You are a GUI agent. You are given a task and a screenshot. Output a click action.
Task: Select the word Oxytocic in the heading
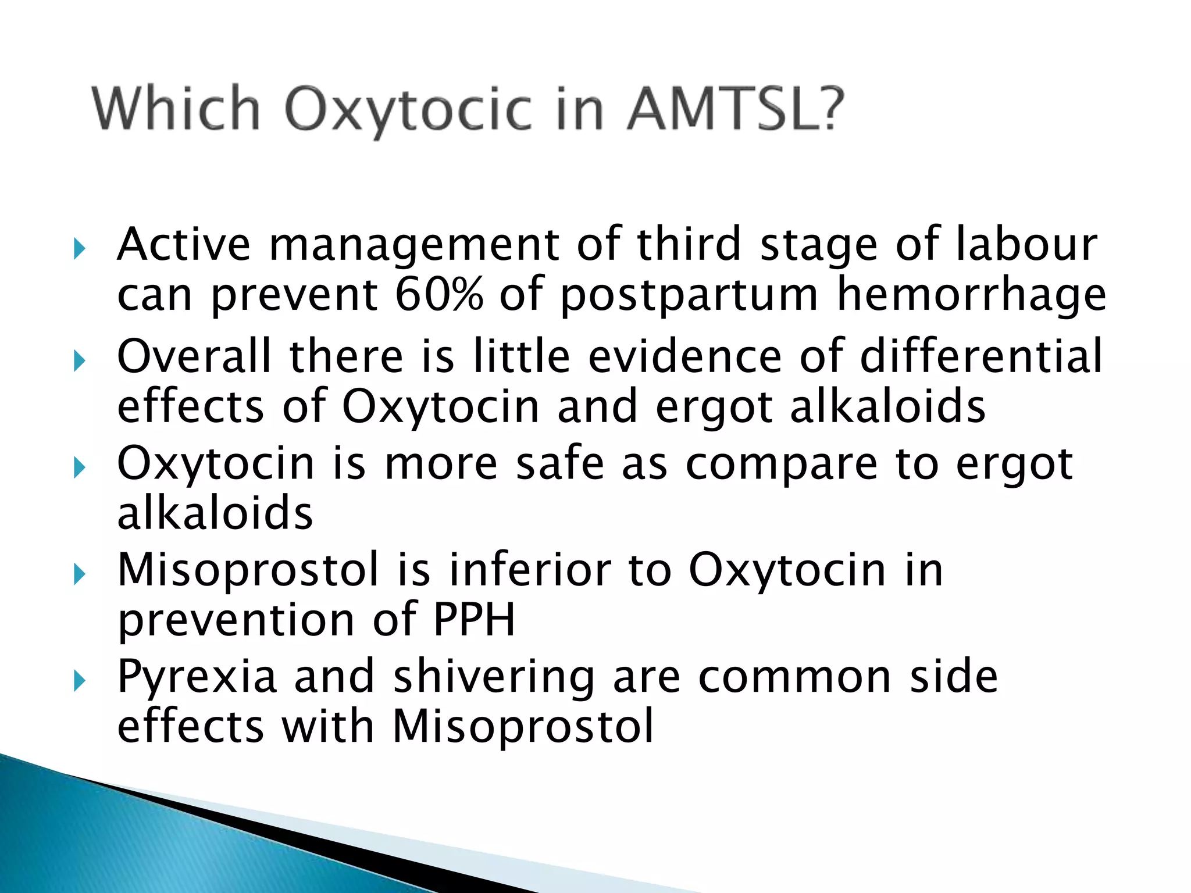coord(408,110)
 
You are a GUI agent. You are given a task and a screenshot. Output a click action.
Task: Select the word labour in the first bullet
coord(1026,244)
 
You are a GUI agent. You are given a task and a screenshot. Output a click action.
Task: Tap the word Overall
coord(194,356)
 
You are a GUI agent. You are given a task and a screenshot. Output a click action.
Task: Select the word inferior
coord(529,570)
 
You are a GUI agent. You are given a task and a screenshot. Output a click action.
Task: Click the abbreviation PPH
coord(474,620)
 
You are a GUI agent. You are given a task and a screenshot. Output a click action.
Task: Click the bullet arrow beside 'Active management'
coord(80,250)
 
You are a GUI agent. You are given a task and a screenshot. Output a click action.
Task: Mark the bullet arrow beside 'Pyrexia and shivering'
coord(80,681)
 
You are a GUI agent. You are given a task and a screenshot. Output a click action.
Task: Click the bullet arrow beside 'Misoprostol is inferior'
coord(80,575)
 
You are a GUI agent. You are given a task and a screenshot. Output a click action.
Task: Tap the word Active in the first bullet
coord(184,244)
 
